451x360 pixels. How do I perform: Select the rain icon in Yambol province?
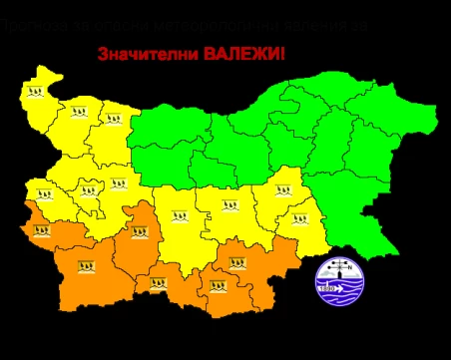point(295,221)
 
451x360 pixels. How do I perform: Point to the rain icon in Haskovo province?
point(237,264)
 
